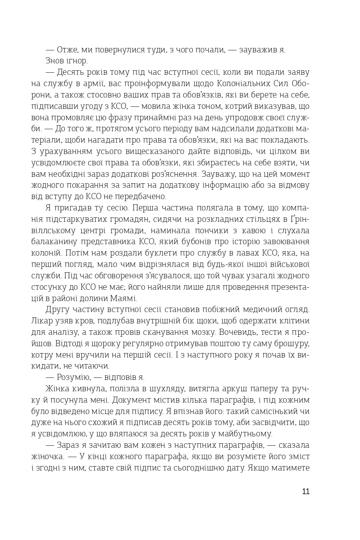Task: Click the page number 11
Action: tap(306, 491)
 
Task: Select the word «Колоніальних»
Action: tap(245, 84)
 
